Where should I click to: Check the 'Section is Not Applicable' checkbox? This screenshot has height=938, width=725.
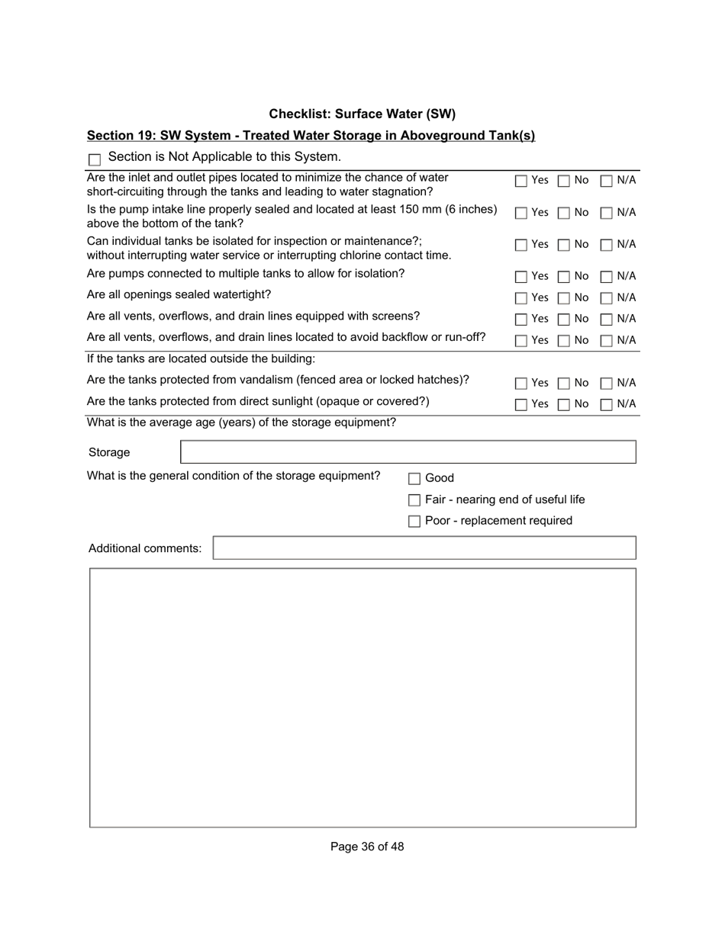(95, 159)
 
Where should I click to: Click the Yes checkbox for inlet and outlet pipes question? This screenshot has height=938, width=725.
(520, 181)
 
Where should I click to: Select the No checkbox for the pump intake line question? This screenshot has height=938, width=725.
(563, 213)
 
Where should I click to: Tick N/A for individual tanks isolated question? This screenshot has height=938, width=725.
(606, 245)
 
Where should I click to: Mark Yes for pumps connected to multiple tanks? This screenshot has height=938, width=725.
(520, 276)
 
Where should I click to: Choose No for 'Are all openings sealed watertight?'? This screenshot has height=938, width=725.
(563, 297)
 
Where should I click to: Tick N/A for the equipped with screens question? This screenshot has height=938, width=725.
(606, 319)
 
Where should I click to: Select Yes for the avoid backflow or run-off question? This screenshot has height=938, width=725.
(520, 340)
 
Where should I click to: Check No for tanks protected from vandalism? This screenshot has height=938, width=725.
(563, 383)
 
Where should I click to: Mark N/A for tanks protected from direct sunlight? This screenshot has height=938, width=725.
(606, 404)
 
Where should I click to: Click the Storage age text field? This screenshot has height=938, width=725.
(408, 452)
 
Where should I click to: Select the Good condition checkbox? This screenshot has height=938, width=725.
(414, 479)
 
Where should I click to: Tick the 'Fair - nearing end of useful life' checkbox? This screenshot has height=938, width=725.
(414, 500)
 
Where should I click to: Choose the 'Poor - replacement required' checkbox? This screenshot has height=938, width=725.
(414, 522)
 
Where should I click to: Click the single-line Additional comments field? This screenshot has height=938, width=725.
(424, 548)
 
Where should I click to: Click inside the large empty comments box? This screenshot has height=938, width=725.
(362, 697)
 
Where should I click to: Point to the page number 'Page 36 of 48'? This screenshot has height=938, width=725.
(367, 846)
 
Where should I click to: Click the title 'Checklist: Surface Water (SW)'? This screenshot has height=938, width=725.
(362, 114)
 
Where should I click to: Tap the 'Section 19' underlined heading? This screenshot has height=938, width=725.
(311, 136)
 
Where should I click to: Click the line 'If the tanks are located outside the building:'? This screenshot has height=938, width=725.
(201, 358)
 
